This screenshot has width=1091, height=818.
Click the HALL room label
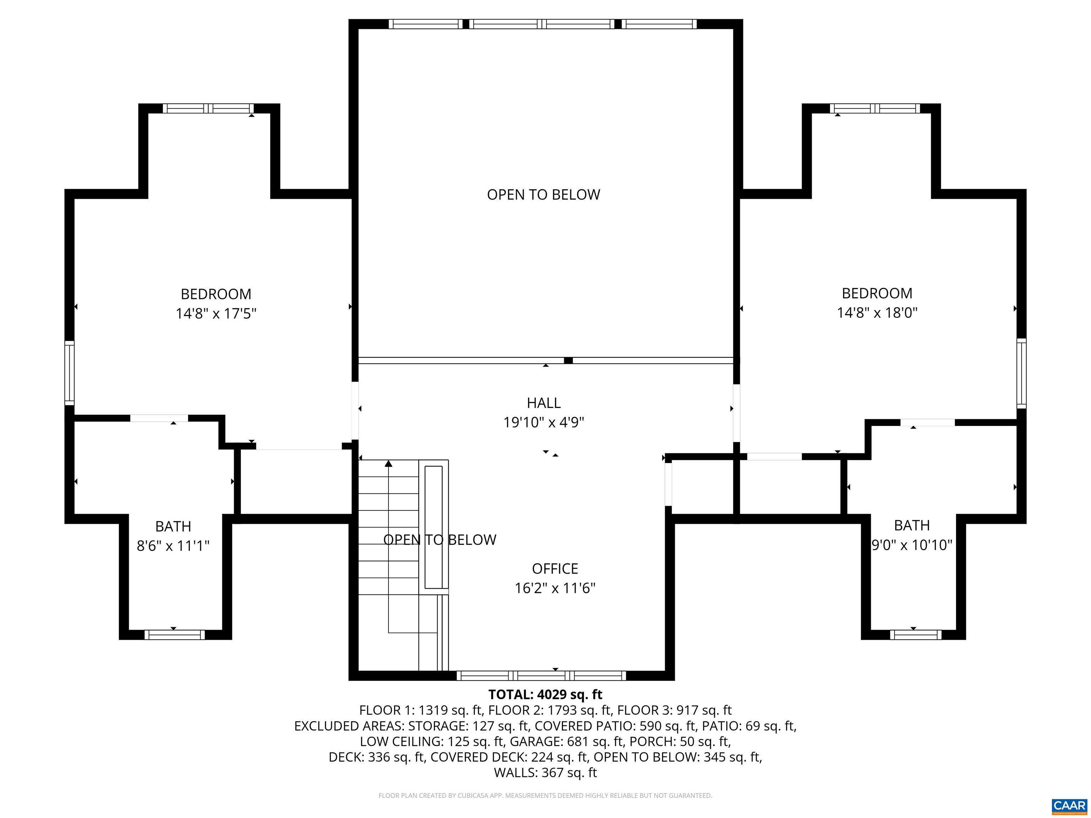click(543, 403)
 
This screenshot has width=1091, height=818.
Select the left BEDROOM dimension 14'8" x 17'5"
click(216, 313)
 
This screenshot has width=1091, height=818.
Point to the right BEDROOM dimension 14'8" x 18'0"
click(877, 312)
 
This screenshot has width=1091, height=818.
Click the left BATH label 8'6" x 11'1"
click(173, 546)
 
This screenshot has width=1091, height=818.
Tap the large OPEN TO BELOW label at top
click(543, 195)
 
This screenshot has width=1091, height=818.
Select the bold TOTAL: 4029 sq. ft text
click(545, 694)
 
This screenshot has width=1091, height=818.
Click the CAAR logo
click(1069, 805)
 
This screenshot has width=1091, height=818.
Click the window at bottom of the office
click(541, 676)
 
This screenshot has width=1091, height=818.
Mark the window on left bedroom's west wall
click(70, 373)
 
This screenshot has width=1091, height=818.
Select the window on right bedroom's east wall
click(1021, 373)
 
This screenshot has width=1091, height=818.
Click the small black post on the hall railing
click(568, 360)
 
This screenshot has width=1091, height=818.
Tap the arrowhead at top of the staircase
click(389, 463)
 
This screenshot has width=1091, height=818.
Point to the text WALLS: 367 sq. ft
click(545, 773)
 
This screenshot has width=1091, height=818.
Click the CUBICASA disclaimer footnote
click(545, 795)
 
